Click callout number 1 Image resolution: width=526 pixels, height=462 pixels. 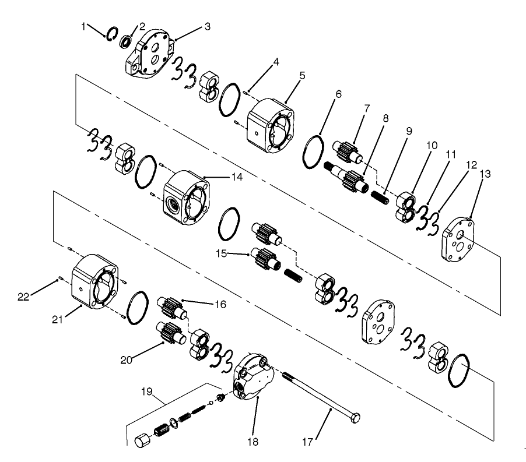(83, 26)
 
